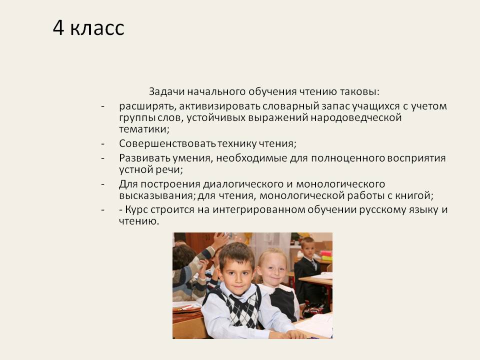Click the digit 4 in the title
[58, 28]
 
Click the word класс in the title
[97, 29]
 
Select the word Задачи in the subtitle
[166, 92]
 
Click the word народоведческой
[356, 118]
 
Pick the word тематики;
[144, 129]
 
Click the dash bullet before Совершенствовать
[103, 143]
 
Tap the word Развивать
[144, 158]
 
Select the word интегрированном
[258, 210]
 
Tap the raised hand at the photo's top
[221, 240]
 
